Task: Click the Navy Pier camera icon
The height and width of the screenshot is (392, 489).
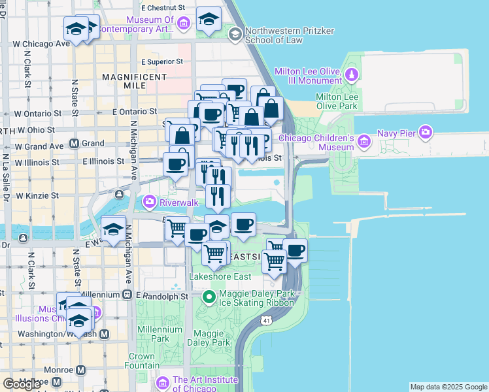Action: tap(426, 133)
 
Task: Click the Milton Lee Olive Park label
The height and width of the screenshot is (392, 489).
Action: tap(337, 101)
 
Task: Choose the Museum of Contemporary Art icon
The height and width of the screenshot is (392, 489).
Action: tap(184, 24)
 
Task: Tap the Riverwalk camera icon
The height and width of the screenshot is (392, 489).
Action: tap(150, 201)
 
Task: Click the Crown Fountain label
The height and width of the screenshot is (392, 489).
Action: tap(141, 361)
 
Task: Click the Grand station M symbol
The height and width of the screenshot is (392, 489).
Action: tap(74, 142)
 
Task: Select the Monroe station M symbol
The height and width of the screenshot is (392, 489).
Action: tap(81, 370)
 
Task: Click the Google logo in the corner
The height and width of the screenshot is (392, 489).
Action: tap(22, 384)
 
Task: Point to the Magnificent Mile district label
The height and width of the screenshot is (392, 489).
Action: tap(134, 82)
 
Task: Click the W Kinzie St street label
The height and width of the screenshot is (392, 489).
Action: tap(37, 195)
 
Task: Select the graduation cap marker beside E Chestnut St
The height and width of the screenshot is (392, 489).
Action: tap(209, 19)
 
